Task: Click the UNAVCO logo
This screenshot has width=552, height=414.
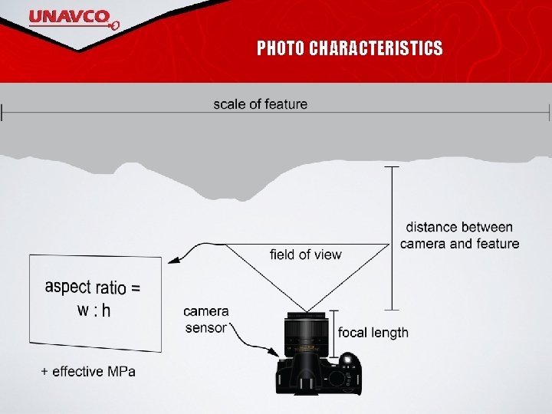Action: click(74, 18)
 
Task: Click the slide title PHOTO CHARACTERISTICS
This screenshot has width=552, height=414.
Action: click(350, 49)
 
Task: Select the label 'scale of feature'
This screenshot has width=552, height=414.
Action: click(260, 104)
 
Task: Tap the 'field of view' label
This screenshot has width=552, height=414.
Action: click(306, 255)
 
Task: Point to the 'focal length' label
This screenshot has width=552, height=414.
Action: click(373, 333)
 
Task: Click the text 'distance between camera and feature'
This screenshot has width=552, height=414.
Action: click(459, 235)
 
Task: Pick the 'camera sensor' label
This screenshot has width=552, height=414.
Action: click(205, 320)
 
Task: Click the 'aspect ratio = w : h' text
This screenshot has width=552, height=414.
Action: click(94, 298)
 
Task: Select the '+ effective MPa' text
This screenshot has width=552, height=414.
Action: click(88, 372)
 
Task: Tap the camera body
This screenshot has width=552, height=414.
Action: click(317, 374)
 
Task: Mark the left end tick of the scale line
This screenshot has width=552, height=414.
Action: click(2, 113)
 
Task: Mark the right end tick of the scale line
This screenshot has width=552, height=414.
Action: click(549, 113)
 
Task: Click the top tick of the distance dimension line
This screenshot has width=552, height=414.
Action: click(392, 166)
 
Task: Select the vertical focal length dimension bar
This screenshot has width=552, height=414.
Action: click(334, 333)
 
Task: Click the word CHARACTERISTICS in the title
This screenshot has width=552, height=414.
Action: click(376, 49)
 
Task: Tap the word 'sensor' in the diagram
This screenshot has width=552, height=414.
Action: click(205, 328)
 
